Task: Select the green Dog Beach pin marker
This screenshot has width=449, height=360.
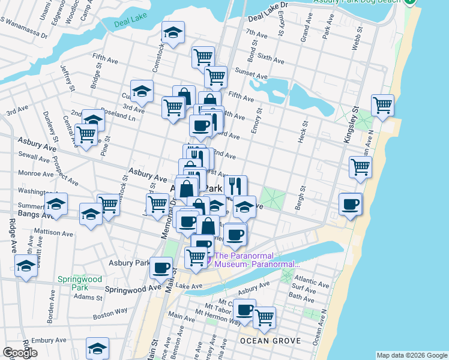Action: click(410, 2)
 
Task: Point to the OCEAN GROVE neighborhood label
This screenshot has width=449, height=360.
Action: click(265, 341)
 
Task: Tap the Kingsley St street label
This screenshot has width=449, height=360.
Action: click(351, 125)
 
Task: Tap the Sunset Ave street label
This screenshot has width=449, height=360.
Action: click(251, 77)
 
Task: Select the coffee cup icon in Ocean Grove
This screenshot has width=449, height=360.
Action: click(244, 310)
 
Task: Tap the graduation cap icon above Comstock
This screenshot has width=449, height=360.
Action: click(173, 33)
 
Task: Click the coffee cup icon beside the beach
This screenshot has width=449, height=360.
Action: click(351, 204)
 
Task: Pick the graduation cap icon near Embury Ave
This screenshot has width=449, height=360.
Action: click(97, 347)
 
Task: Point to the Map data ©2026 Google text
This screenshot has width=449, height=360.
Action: click(412, 355)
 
